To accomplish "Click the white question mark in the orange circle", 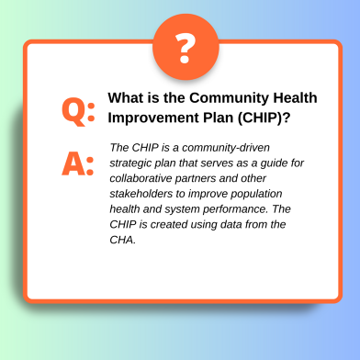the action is [185, 48].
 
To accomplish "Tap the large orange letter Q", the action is [73, 111].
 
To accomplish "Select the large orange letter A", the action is [73, 163].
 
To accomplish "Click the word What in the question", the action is [122, 98].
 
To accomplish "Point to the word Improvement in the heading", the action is [152, 118].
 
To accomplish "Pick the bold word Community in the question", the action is [229, 98].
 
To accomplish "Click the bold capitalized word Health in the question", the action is [295, 98].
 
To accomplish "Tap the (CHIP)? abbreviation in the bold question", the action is [264, 118].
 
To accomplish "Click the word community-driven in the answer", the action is [226, 148].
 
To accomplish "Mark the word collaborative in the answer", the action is [141, 178].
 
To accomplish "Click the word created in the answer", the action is [169, 224].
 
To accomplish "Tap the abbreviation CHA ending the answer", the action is [122, 240].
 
